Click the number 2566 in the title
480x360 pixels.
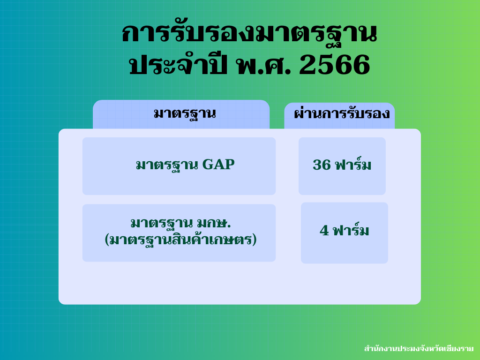pos(335,65)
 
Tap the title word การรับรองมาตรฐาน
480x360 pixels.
pos(249,34)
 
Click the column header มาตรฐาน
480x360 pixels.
pos(185,113)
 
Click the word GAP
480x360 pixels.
pos(218,165)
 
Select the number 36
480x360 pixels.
pos(322,165)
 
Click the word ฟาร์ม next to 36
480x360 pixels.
pos(353,164)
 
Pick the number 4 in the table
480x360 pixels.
pos(324,231)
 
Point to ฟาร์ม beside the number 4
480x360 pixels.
pos(351,230)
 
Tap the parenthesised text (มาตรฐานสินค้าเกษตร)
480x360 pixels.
pos(180,239)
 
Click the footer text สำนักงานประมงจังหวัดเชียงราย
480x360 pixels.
pos(419,348)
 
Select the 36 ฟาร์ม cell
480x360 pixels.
pos(342,166)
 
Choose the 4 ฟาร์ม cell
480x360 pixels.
pos(345,232)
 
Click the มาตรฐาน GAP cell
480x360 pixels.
pos(179,166)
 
